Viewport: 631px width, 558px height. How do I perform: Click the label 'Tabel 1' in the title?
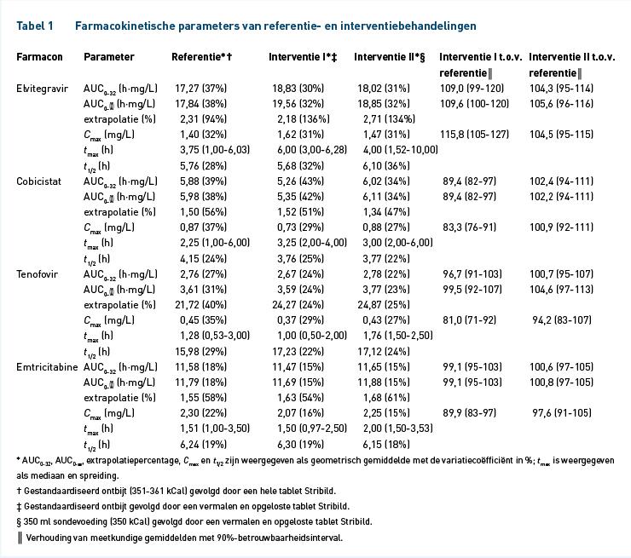[35, 26]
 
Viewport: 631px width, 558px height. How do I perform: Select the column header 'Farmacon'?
[39, 57]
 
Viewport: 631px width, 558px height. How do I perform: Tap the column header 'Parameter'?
[108, 57]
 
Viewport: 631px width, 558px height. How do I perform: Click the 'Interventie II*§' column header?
[389, 57]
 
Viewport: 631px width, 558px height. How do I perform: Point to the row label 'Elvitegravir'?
[43, 89]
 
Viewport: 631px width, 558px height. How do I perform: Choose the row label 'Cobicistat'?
[38, 181]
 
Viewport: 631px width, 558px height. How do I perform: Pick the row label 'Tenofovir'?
[37, 274]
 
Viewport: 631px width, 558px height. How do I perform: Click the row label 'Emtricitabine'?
[47, 367]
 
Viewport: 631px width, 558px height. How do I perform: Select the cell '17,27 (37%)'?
[200, 89]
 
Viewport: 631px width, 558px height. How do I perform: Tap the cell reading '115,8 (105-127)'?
[474, 135]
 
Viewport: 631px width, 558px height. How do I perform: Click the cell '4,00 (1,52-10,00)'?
[401, 150]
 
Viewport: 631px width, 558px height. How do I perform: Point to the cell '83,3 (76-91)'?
[469, 227]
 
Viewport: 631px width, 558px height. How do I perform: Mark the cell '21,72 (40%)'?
[200, 305]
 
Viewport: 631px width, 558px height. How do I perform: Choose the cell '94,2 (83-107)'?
[562, 320]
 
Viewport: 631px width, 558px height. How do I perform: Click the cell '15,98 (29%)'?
[200, 352]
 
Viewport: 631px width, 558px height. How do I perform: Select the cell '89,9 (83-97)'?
[469, 413]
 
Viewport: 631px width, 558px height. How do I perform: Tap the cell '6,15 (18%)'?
[386, 445]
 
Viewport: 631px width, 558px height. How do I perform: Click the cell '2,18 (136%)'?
[304, 119]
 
